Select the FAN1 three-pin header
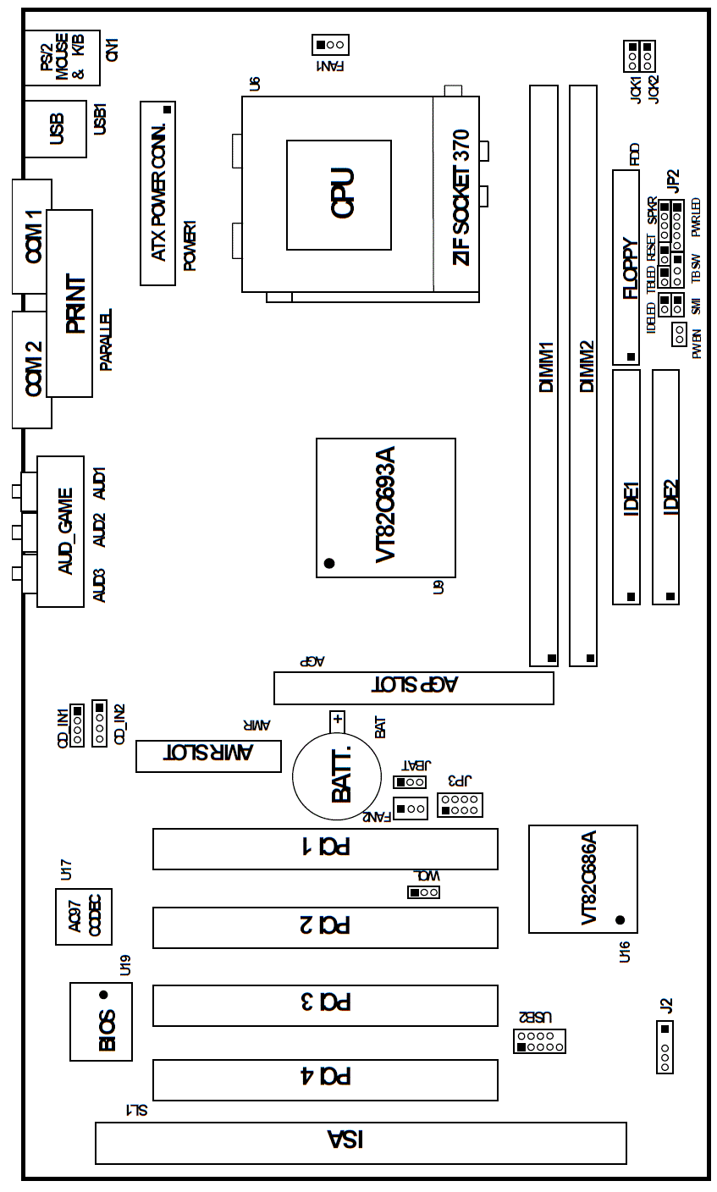tap(330, 44)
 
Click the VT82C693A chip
tap(385, 508)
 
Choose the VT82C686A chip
tap(582, 878)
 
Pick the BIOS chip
tap(101, 1021)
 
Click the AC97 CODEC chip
tap(83, 918)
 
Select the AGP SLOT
tap(413, 687)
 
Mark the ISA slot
tap(360, 1143)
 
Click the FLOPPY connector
tap(626, 267)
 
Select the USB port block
tap(56, 129)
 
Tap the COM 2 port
tap(31, 370)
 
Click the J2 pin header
tap(665, 1046)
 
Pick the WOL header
tap(423, 891)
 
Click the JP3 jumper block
tap(460, 805)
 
